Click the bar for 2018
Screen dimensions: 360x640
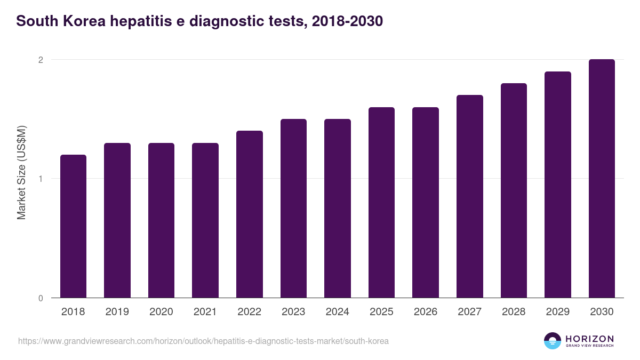(73, 226)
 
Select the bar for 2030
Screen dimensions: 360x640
(602, 179)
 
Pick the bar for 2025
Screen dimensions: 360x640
(381, 203)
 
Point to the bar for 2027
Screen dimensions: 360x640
(470, 196)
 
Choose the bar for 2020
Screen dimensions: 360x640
(161, 220)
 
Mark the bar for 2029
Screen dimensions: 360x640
(558, 185)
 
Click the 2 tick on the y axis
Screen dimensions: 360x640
(40, 60)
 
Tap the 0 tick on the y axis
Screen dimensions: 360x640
(40, 298)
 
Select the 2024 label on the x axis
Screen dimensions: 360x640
(337, 312)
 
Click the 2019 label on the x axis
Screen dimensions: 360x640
(117, 312)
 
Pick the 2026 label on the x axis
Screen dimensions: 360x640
(425, 312)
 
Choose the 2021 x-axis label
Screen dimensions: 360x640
(205, 312)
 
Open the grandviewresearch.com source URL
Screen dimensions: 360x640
(203, 341)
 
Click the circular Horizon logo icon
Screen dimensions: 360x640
(552, 341)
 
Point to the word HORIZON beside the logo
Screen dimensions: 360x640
(589, 338)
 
